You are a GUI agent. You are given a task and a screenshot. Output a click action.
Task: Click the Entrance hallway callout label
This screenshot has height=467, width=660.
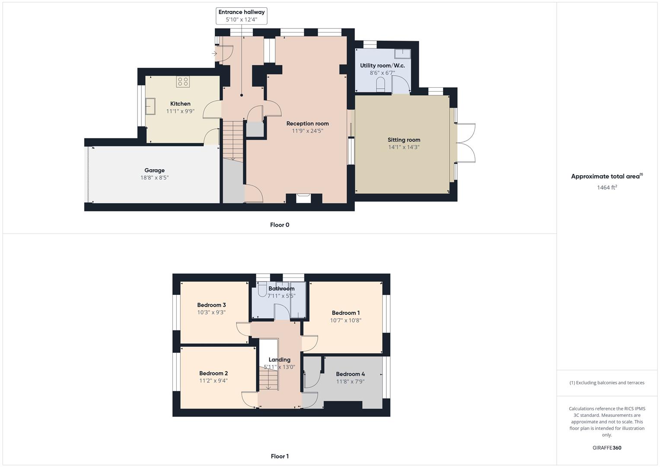[241, 12]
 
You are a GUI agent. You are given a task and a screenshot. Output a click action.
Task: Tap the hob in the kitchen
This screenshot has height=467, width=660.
[183, 81]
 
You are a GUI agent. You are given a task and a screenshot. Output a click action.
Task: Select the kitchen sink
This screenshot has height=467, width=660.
[150, 106]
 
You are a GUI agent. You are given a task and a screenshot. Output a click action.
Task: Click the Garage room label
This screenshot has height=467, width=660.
[154, 170]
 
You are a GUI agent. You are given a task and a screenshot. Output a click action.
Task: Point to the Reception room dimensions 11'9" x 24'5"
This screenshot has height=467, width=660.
[307, 131]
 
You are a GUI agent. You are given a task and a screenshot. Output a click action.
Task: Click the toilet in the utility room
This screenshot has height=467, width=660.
[381, 84]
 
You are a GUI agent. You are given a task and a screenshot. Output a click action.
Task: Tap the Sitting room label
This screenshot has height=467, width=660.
[404, 140]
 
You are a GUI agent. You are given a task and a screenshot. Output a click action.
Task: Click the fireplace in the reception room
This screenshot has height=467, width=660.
[303, 197]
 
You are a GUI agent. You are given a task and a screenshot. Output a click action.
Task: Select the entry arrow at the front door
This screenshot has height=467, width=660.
[214, 54]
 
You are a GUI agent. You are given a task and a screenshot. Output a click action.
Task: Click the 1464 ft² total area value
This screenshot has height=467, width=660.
[607, 188]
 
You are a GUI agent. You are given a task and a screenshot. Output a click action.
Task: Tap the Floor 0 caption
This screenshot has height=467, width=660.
[280, 225]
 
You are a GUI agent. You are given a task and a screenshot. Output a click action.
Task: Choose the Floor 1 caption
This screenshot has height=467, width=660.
[280, 456]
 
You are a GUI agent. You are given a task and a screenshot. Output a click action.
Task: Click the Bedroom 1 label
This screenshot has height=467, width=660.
[346, 313]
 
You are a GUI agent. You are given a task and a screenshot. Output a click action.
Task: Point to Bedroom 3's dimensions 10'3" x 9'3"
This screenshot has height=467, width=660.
[211, 312]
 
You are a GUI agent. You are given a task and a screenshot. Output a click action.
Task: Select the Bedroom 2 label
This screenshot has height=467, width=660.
[214, 373]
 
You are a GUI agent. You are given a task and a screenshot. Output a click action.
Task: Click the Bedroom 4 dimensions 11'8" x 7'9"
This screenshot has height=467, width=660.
[350, 382]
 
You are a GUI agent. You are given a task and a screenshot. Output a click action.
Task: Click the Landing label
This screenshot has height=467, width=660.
[279, 360]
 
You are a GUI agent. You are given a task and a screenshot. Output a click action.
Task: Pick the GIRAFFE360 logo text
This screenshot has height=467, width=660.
[607, 448]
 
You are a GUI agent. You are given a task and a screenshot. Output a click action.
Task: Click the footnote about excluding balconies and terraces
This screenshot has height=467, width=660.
[607, 383]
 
